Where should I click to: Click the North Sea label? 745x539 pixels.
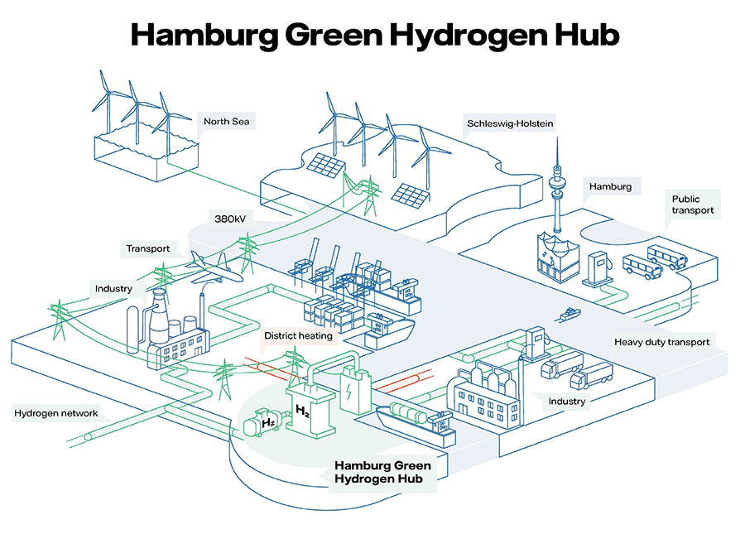pyautogui.click(x=223, y=123)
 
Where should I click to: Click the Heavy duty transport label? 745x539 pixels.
pyautogui.click(x=661, y=341)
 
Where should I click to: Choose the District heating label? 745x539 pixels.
pyautogui.click(x=298, y=336)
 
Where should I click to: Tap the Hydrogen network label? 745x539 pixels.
pyautogui.click(x=55, y=413)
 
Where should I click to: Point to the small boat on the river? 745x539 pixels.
pyautogui.click(x=570, y=315)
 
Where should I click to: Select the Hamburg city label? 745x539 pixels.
pyautogui.click(x=610, y=187)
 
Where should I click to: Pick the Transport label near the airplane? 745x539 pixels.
pyautogui.click(x=148, y=248)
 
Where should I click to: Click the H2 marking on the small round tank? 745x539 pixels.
pyautogui.click(x=268, y=424)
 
